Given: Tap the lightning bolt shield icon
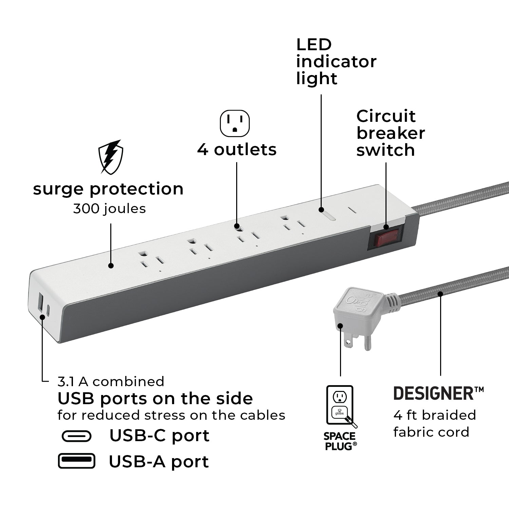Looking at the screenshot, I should [x=111, y=156].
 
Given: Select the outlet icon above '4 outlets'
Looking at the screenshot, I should [x=234, y=122].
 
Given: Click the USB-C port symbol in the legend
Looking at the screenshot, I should [x=77, y=436].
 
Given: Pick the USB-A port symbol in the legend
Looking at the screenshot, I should [x=76, y=461].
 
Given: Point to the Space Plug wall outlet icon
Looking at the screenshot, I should [x=340, y=406].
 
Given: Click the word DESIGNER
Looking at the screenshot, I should [x=434, y=394].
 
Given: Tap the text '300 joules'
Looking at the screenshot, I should [x=109, y=208].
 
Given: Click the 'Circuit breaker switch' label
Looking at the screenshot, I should [x=390, y=133].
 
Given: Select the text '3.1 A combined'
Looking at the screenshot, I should [x=111, y=381].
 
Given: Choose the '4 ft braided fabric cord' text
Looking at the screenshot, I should [x=434, y=423].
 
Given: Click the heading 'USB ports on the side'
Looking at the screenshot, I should [x=155, y=399].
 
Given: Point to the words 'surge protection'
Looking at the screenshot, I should [x=108, y=189].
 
